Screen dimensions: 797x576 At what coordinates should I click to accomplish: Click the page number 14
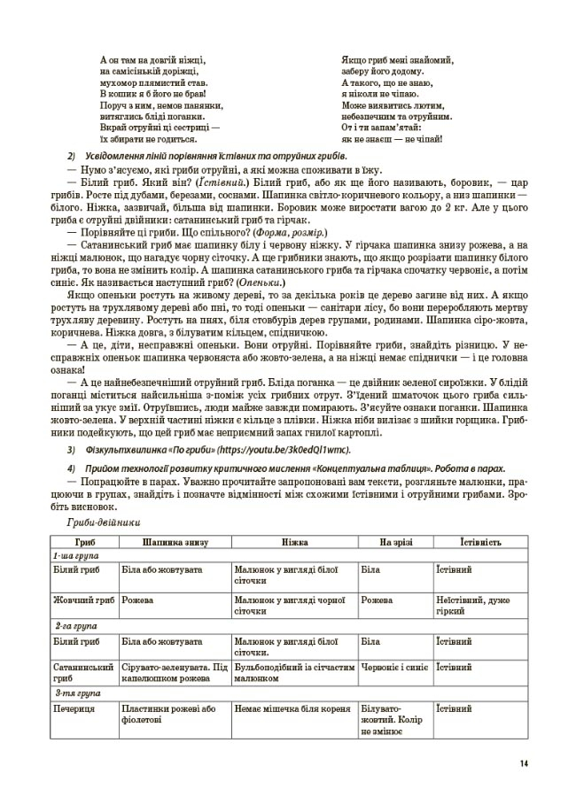pyautogui.click(x=525, y=764)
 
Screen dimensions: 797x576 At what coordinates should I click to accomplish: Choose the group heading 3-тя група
pyautogui.click(x=74, y=693)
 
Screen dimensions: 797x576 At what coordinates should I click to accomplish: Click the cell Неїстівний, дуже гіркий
pyautogui.click(x=479, y=606)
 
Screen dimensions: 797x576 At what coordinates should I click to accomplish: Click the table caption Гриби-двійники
pyautogui.click(x=96, y=524)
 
